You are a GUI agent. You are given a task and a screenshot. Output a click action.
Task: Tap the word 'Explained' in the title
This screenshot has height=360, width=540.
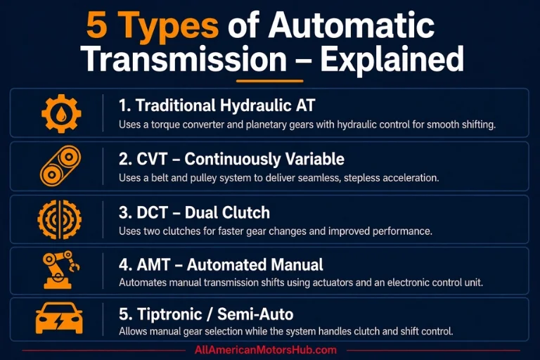(x=392, y=60)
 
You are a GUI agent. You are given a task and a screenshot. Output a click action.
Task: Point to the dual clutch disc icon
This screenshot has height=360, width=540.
(x=59, y=219)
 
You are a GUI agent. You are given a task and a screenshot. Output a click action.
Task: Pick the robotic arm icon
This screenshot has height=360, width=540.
(x=60, y=270)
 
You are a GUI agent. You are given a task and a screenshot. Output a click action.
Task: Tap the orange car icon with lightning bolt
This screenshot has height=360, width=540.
(x=59, y=321)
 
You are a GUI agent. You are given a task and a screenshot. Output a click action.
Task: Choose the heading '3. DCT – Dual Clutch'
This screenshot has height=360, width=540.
(x=195, y=212)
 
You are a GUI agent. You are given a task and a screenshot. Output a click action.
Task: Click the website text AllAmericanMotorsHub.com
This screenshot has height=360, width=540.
(x=266, y=349)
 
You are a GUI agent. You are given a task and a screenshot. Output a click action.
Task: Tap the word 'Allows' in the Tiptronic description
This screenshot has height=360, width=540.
(x=133, y=330)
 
